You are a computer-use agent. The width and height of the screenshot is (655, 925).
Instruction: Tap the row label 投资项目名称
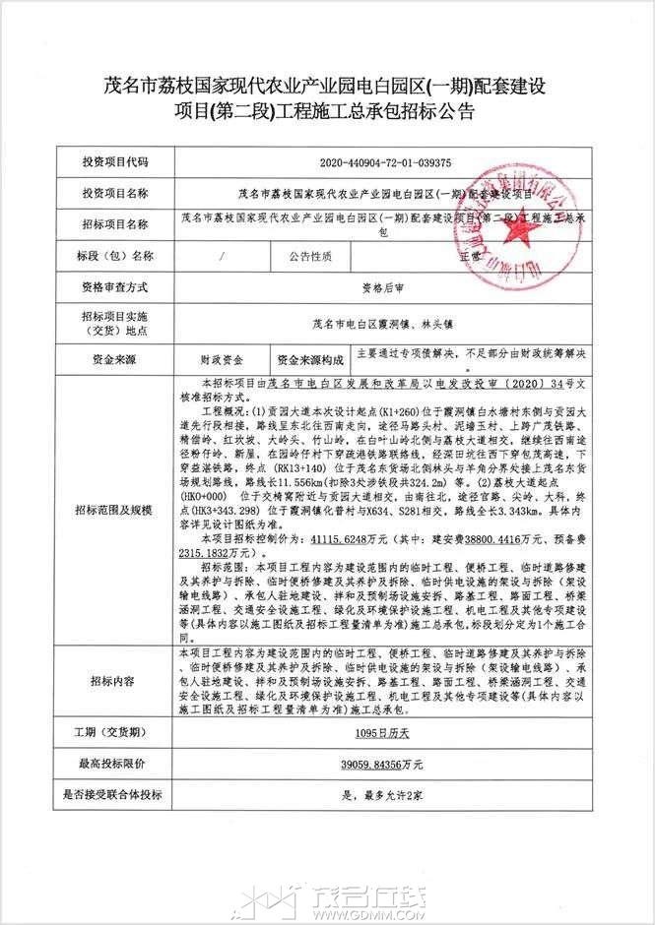point(116,192)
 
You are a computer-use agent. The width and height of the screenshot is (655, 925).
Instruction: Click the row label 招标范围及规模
point(116,510)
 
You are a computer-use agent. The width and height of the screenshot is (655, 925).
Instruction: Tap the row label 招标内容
point(116,680)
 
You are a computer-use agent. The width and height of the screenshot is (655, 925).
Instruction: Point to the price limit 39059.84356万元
point(386,764)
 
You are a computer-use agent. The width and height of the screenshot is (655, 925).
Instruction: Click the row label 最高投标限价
point(116,764)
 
